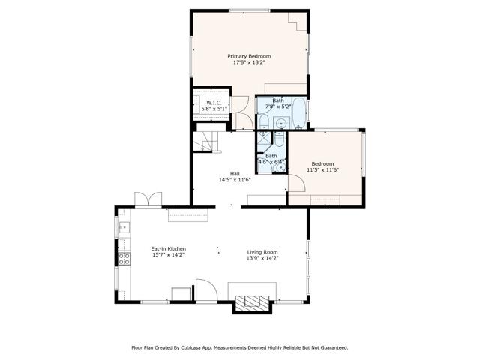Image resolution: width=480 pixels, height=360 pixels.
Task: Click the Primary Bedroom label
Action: [x=249, y=56]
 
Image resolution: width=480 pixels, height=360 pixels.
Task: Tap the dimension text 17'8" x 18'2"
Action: [x=249, y=63]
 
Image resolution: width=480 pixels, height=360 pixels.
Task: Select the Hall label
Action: [x=234, y=173]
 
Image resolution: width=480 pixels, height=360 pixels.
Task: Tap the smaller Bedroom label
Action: [x=322, y=163]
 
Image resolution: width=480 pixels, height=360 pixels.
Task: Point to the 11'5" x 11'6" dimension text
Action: [x=322, y=170]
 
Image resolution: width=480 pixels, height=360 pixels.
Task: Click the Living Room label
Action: [x=263, y=252]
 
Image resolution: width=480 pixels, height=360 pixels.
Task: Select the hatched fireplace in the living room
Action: [x=252, y=303]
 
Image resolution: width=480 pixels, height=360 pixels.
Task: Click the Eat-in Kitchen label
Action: [x=168, y=248]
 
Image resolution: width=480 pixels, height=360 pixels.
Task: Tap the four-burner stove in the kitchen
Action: [x=124, y=259]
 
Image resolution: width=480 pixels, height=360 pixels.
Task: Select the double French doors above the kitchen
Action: [x=148, y=199]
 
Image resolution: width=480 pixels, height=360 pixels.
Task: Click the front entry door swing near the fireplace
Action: [x=205, y=291]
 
